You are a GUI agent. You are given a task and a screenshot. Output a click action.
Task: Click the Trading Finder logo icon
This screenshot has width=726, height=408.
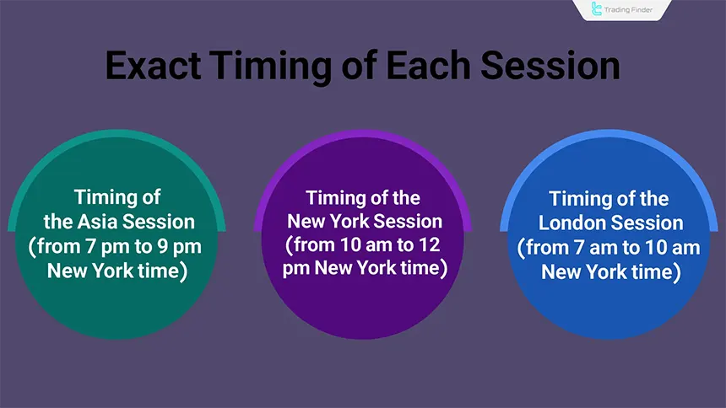click(598, 9)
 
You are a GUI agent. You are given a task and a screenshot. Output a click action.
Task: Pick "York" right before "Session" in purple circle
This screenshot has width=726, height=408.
click(345, 221)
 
